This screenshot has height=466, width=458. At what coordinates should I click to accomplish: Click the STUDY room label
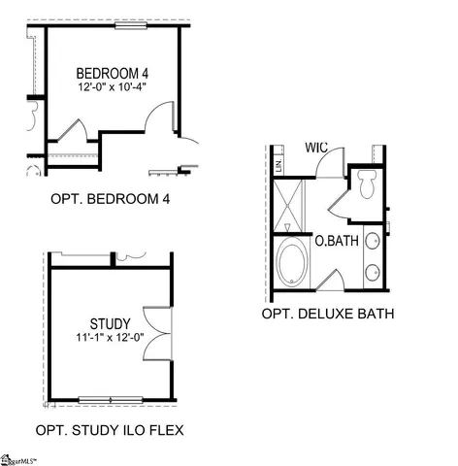point(109,323)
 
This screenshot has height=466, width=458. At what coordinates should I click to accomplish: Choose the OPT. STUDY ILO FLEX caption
point(110,429)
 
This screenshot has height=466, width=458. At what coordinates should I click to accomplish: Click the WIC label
point(316,148)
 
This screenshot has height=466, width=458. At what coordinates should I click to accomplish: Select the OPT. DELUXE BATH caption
point(328,315)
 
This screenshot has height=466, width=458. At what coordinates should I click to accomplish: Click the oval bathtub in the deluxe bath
point(292,263)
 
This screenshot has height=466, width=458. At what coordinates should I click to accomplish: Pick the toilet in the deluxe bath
point(367,183)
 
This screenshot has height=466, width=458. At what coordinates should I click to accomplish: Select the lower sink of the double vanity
point(373,273)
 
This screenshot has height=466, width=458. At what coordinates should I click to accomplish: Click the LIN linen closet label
point(278,166)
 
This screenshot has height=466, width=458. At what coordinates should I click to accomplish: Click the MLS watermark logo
point(24,457)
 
